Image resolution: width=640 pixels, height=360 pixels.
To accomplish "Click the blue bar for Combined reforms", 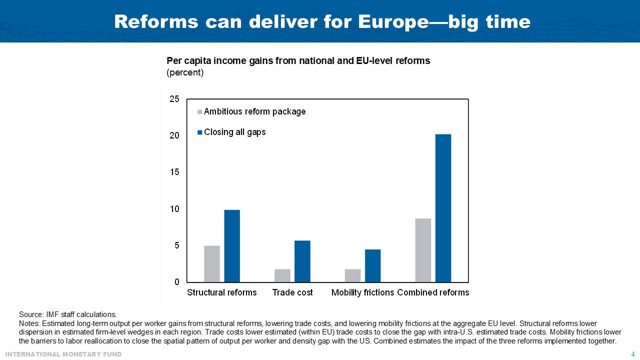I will point(443,208).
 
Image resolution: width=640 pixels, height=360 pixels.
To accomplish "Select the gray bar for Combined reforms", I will point(423,250).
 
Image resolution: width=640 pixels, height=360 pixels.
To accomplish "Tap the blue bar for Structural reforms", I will point(232,246).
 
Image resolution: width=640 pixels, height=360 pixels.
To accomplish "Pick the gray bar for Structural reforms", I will point(212,264).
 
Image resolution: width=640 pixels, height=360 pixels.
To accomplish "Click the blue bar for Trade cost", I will point(302,261).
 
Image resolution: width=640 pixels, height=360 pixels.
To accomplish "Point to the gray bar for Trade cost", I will point(282,275).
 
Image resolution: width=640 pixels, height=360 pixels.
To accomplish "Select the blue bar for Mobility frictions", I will point(372,266).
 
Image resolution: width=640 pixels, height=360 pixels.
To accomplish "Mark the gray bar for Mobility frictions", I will point(352,275).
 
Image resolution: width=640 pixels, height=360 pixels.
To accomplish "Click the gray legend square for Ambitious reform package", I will point(200,112).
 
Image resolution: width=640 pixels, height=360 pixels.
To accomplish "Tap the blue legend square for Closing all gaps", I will point(200,132).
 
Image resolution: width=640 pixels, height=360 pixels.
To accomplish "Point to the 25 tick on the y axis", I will point(174,99).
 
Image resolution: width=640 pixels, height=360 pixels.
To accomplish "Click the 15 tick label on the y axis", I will point(174,172).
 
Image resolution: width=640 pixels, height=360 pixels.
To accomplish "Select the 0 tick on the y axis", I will point(177,282).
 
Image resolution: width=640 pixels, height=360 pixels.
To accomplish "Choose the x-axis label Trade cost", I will point(292,292).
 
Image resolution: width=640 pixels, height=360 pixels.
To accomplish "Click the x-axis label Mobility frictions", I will point(363,292).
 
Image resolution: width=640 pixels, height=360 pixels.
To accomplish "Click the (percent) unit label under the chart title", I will point(185,72).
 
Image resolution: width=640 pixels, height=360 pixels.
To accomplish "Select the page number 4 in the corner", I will point(633,354).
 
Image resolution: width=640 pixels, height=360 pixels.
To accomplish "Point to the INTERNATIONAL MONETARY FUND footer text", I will point(63,354).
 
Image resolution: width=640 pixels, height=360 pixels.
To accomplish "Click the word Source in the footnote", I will point(30,314).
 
